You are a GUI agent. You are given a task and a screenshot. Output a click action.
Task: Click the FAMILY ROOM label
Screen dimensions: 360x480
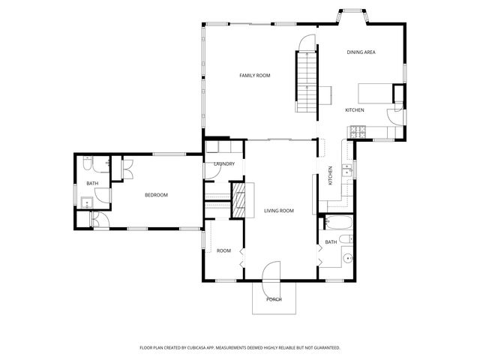(x=254, y=76)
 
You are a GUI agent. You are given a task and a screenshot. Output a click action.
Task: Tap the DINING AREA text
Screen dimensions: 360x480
(x=361, y=52)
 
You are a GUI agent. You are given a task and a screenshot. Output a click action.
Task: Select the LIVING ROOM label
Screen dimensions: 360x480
(x=278, y=211)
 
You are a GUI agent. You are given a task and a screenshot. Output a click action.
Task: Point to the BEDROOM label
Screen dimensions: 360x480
(x=156, y=195)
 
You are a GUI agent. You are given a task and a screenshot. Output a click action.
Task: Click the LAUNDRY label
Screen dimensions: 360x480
(x=224, y=164)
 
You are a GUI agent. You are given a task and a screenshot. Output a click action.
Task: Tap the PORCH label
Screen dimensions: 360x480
(x=274, y=299)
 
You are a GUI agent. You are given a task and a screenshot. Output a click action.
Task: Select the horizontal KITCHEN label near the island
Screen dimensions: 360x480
(x=355, y=110)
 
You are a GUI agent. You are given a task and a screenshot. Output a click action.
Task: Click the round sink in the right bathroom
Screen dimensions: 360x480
(x=348, y=259)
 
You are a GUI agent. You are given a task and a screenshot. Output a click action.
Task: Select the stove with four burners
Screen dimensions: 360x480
(x=355, y=133)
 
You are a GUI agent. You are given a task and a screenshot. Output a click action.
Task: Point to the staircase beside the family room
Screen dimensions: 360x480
(x=307, y=79)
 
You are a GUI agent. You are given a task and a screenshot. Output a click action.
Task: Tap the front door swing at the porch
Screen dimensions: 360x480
(x=271, y=272)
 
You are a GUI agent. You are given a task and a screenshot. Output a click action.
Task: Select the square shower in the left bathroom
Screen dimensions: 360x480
(x=87, y=200)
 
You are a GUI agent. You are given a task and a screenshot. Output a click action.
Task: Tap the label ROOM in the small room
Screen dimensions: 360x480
(x=223, y=250)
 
